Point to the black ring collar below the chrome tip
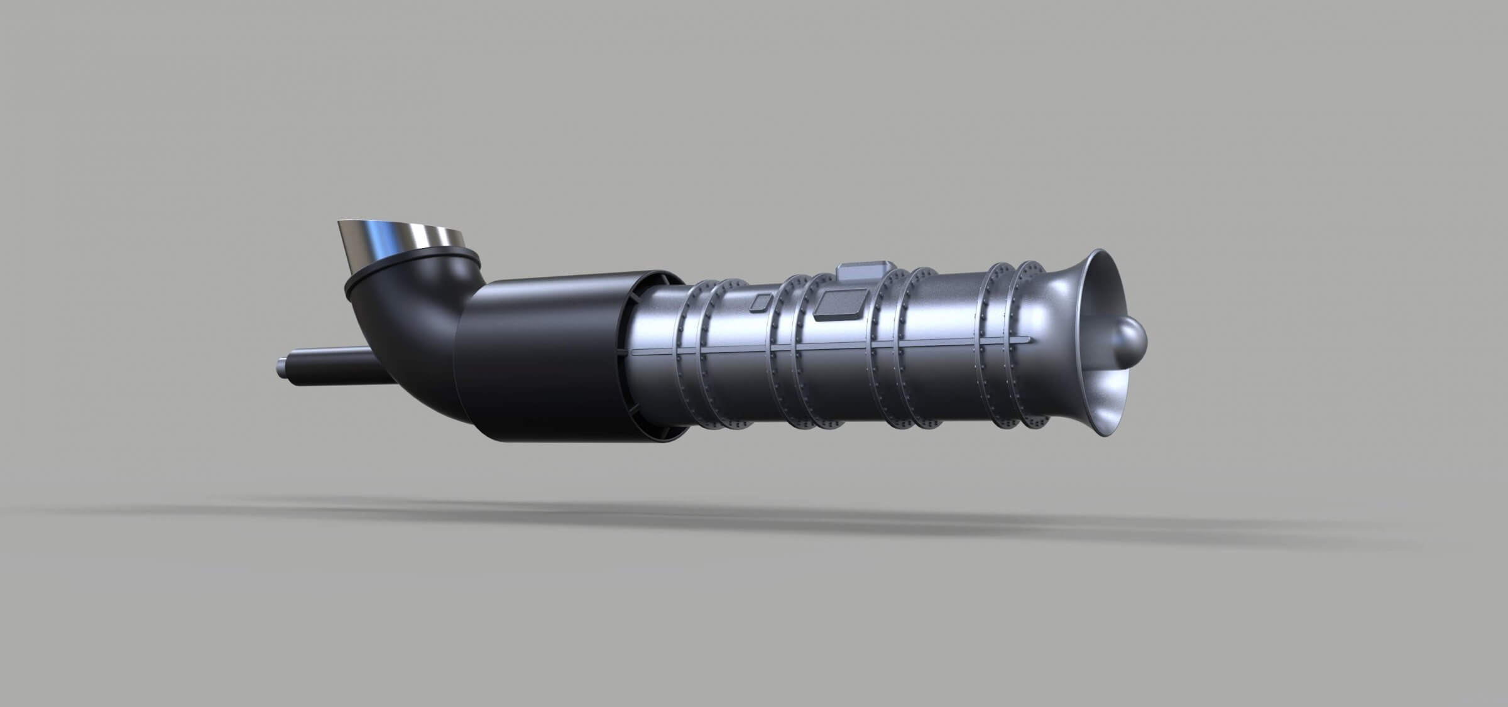click(377, 279)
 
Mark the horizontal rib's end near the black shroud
click(635, 352)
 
